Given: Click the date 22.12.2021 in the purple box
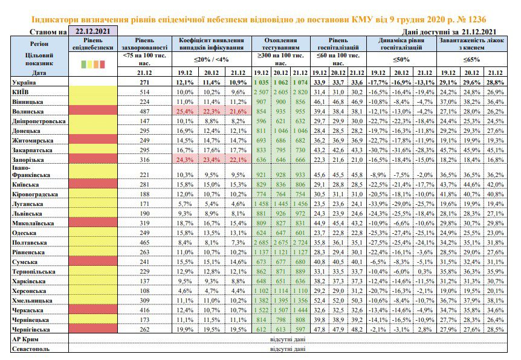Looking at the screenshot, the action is (x=92, y=31).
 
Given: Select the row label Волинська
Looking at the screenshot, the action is (x=28, y=112).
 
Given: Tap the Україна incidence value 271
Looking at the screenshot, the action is (x=144, y=82).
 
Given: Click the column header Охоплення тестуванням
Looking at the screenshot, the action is (x=281, y=44).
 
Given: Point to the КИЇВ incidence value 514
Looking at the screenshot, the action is (x=144, y=92).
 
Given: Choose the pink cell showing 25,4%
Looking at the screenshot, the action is (x=185, y=112).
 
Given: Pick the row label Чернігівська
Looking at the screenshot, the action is (x=31, y=330).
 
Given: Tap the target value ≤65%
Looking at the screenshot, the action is (x=472, y=60).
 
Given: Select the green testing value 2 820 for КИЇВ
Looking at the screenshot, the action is (x=300, y=92).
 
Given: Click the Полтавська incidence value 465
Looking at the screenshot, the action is (x=144, y=243).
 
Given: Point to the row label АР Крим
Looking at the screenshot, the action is (x=25, y=339).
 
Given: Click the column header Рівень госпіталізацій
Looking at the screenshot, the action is (x=338, y=44).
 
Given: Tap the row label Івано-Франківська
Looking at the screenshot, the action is (x=31, y=172).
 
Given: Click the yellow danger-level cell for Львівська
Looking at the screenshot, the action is (x=93, y=213).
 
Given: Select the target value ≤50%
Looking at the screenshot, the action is (x=401, y=60).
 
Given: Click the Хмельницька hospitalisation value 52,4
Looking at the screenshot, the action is (x=319, y=301).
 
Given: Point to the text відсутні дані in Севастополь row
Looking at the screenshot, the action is (x=288, y=349).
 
